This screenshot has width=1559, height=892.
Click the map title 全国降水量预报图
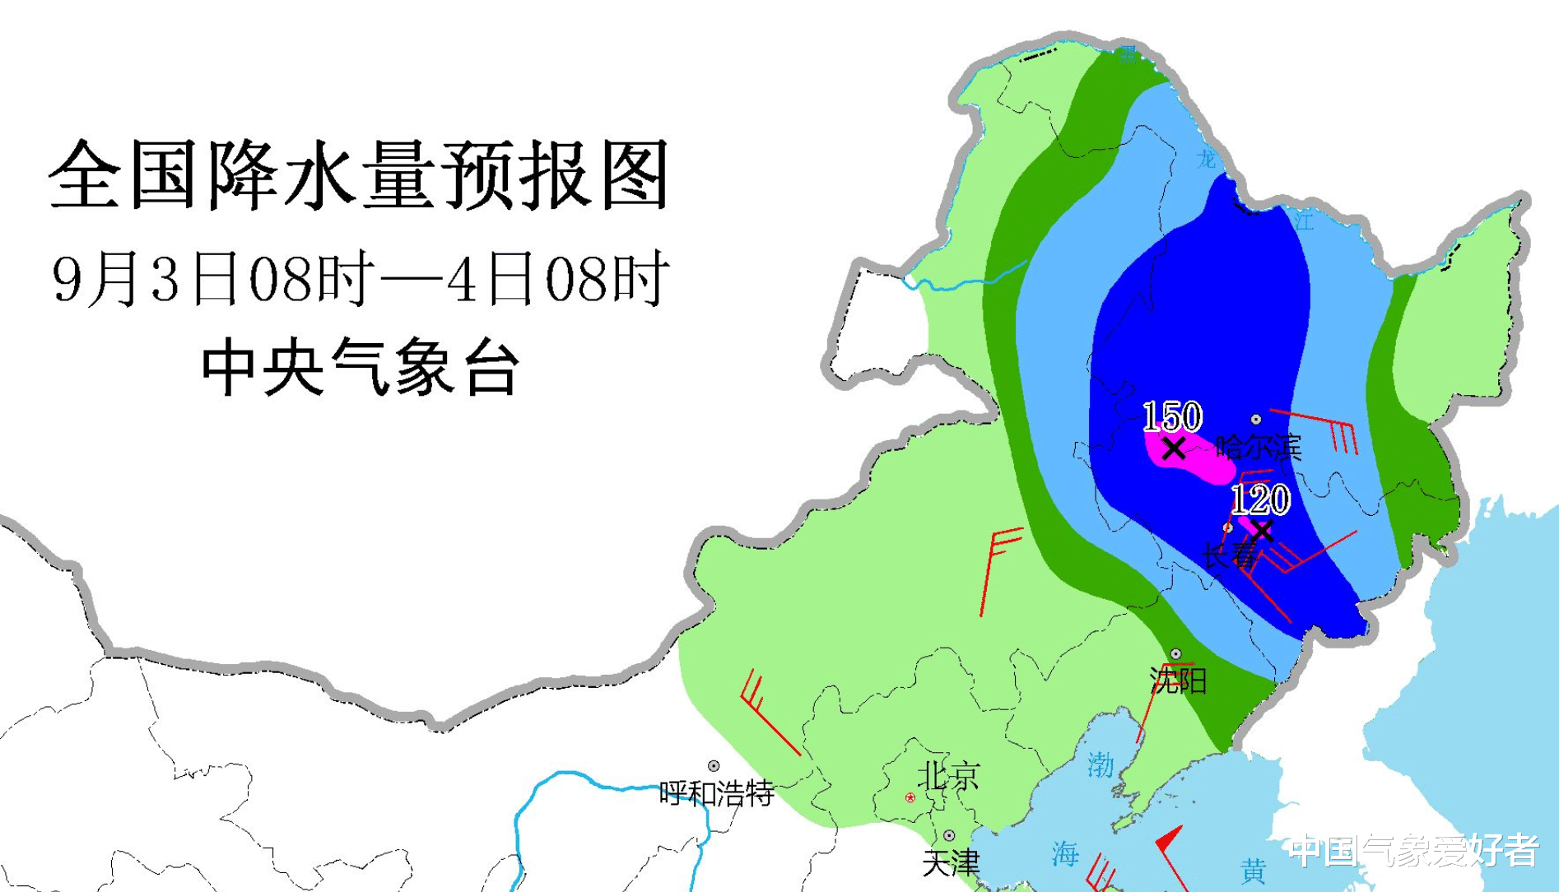coord(359,175)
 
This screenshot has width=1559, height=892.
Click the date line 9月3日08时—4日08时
coord(360,279)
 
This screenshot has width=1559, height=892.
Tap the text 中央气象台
coord(360,368)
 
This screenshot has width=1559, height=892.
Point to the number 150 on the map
coord(1172,417)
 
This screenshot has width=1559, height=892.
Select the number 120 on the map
coord(1260,499)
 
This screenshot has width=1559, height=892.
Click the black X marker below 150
coord(1174,448)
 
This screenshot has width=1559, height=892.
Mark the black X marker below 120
coord(1261,529)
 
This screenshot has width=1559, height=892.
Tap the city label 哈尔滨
coord(1259,447)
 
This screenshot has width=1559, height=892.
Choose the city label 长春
coord(1230,555)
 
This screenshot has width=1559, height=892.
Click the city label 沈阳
coord(1178,681)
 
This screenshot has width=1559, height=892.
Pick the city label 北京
coord(948,775)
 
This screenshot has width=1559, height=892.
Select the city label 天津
coord(951,862)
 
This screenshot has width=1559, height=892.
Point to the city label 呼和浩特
coord(717,793)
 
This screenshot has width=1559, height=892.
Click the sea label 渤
coord(1100,765)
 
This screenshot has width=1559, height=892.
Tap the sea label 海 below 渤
coord(1065,854)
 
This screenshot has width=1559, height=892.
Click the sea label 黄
coord(1254,871)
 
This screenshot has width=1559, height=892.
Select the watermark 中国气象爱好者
coord(1413,851)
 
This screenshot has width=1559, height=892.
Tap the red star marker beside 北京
coord(910,797)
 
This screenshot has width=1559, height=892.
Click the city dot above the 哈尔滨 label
coord(1256,420)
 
